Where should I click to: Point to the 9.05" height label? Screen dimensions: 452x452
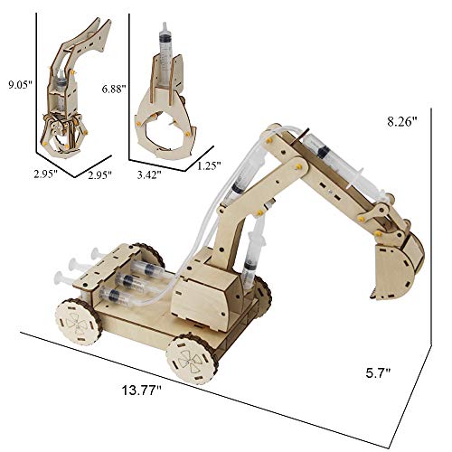coord(17,88)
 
